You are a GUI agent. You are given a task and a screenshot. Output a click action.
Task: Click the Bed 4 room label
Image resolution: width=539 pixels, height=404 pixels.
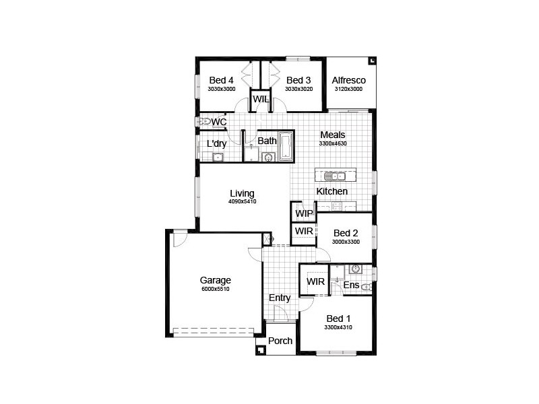221,80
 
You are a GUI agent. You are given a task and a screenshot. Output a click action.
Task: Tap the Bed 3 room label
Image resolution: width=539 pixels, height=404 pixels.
298,80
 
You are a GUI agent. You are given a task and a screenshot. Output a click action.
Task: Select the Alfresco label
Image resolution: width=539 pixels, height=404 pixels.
348,80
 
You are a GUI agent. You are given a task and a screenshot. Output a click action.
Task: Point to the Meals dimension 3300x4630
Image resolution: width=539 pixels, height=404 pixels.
333,143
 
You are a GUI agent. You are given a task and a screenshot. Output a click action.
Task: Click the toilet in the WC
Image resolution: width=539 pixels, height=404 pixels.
205,122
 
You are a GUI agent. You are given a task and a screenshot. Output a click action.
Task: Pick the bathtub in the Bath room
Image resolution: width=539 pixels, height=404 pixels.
286,145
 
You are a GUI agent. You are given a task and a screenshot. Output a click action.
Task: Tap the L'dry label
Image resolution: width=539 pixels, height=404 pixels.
216,143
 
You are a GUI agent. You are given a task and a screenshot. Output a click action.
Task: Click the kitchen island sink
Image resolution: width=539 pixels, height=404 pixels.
334,176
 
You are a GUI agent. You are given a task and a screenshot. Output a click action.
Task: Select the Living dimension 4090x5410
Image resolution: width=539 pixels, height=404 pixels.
242,201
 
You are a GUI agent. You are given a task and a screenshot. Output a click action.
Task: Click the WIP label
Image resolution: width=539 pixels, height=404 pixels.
305,213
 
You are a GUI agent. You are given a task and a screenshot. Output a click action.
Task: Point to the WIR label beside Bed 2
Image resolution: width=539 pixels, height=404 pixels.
305,231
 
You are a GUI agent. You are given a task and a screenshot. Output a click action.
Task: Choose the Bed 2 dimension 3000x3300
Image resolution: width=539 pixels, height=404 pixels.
346,242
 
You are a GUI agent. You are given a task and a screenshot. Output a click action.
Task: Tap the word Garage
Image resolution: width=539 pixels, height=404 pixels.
215,280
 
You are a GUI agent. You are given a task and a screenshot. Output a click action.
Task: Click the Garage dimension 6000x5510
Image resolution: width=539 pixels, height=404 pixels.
215,289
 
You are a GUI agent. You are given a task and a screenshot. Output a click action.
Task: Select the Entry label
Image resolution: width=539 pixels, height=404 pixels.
280,298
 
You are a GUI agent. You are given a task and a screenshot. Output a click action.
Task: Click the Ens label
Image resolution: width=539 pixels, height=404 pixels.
351,285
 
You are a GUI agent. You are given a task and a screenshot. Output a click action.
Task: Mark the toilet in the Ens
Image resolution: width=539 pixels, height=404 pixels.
367,288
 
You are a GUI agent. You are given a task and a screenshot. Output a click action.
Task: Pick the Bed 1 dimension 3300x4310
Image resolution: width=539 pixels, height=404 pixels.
338,327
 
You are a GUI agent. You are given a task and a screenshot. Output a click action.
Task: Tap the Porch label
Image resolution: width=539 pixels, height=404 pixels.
280,341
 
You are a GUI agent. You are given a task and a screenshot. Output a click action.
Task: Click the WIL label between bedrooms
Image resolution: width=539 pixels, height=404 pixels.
261,99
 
